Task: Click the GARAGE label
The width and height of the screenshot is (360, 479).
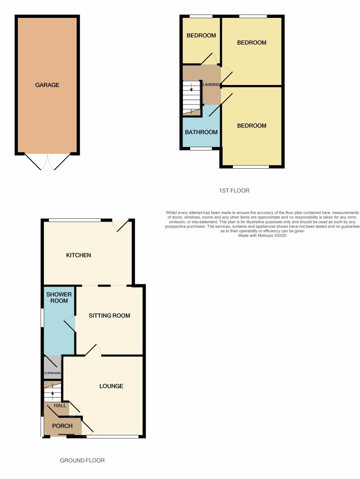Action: (47, 85)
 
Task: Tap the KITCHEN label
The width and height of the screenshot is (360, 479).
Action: (78, 255)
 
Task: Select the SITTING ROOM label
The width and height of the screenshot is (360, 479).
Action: (109, 316)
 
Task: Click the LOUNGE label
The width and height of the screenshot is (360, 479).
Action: (111, 386)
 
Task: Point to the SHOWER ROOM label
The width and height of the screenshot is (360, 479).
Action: (59, 298)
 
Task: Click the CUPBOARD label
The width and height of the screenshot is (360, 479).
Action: (52, 373)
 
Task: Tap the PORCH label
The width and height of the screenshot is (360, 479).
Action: (62, 426)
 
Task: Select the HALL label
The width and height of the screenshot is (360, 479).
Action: (60, 406)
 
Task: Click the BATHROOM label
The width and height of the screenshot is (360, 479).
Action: (201, 132)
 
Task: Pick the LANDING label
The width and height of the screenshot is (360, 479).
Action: (211, 85)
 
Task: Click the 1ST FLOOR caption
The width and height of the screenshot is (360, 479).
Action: (234, 191)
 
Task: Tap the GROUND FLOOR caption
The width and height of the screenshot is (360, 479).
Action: (82, 460)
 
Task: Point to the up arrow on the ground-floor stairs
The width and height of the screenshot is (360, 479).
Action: (52, 395)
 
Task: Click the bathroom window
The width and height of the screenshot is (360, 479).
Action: (201, 149)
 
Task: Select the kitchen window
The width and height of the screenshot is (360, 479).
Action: (75, 220)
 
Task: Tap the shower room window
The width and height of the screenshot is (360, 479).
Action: (43, 318)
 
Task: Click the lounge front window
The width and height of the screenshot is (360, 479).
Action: (113, 437)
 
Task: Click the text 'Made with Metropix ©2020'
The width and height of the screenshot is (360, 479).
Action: (262, 235)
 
